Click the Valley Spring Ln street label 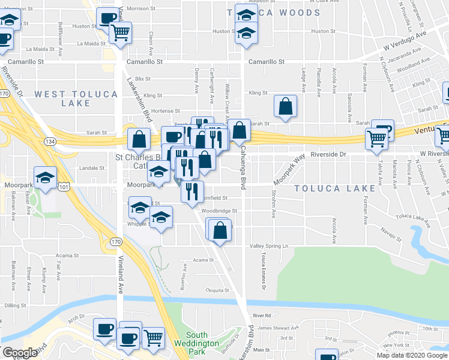click(269, 246)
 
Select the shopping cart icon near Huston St click(121, 33)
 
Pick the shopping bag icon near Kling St click(286, 107)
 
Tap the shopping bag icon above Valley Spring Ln click(220, 230)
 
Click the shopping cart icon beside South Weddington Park click(153, 338)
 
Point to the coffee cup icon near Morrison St click(108, 19)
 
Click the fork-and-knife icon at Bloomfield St click(192, 192)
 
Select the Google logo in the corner click(19, 353)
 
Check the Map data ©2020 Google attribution click(412, 355)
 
